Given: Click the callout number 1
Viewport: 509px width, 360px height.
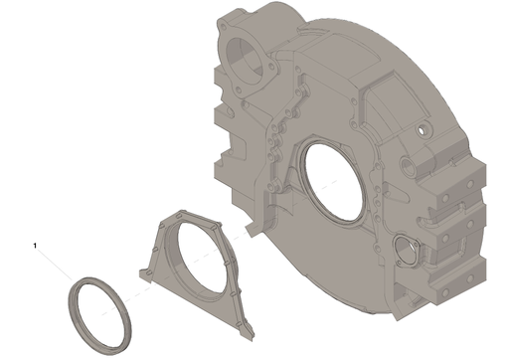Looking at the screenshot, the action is click(35, 246).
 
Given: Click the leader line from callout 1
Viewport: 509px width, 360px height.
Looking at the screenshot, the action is click(54, 265).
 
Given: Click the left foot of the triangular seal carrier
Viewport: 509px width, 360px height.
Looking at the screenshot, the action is click(145, 274).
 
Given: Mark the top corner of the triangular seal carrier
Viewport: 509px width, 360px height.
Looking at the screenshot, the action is click(182, 211).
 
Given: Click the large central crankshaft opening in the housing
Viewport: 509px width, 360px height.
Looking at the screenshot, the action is click(334, 181).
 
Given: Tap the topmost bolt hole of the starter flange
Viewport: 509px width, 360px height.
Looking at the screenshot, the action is click(222, 27).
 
